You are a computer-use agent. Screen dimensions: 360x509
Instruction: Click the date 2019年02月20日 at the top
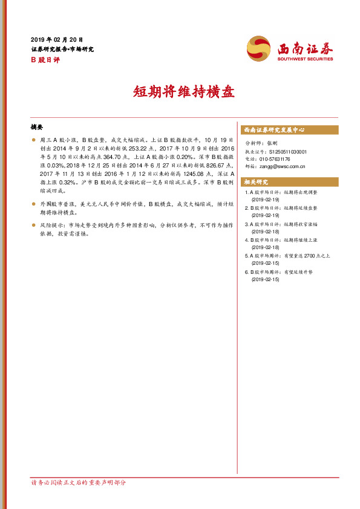point(57,39)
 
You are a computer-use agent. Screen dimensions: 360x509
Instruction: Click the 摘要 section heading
point(37,128)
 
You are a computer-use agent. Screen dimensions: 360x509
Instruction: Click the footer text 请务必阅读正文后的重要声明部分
point(79,482)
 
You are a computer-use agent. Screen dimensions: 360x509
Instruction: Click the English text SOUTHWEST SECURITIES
point(306,59)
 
